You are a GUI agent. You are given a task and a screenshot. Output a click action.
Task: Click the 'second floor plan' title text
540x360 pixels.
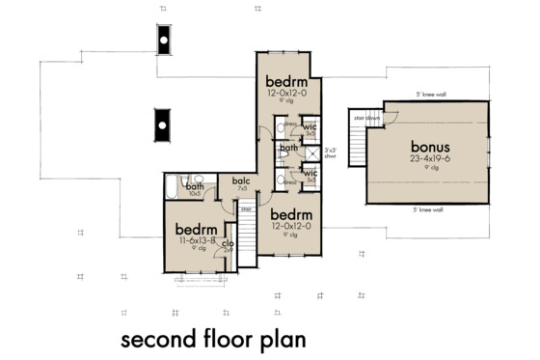pyautogui.click(x=213, y=340)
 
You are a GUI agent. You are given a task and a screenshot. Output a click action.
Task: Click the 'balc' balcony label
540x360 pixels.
pyautogui.click(x=240, y=180)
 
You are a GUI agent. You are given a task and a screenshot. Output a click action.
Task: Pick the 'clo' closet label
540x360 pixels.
pyautogui.click(x=229, y=243)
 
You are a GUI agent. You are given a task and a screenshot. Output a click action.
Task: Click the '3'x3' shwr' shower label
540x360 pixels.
pyautogui.click(x=332, y=152)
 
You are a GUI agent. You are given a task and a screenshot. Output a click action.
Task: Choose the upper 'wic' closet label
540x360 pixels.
pyautogui.click(x=310, y=127)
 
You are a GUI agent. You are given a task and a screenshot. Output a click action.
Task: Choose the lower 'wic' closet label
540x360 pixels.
pyautogui.click(x=310, y=173)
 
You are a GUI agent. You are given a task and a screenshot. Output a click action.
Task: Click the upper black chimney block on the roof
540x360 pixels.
pyautogui.click(x=164, y=39)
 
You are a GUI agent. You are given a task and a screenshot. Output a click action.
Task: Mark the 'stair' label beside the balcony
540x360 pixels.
pyautogui.click(x=246, y=208)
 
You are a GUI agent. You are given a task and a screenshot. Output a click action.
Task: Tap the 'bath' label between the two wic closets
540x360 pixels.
pyautogui.click(x=288, y=149)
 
